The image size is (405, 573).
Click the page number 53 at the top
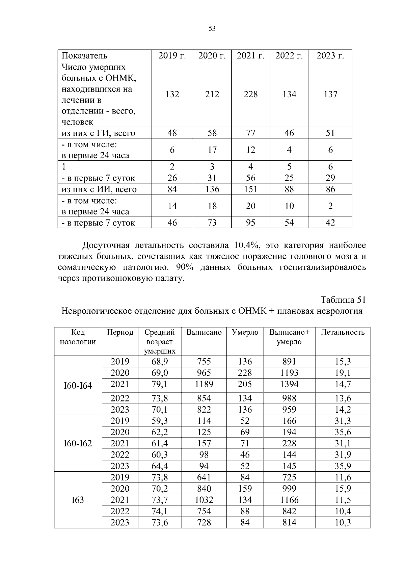pos(212,29)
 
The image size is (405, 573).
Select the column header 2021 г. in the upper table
pos(250,56)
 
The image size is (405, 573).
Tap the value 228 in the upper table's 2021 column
pos(250,94)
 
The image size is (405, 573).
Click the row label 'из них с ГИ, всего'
pos(98,133)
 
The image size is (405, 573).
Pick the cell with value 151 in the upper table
pos(250,189)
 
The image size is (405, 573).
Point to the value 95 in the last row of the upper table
pos(250,223)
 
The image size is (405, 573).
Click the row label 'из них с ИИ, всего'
pos(99,189)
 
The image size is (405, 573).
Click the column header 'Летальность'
pos(343,332)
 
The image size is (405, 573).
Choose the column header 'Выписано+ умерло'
pos(289,337)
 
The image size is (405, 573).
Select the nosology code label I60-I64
pos(78,386)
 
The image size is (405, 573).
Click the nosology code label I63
pos(78,500)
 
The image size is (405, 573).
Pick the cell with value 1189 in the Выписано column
pos(204,384)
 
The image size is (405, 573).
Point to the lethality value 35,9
pos(343,466)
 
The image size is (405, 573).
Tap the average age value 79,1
pos(160,384)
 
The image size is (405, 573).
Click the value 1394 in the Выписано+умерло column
pos(289,384)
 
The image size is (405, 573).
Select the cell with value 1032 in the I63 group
pos(204,500)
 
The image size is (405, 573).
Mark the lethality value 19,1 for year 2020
pos(343,373)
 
